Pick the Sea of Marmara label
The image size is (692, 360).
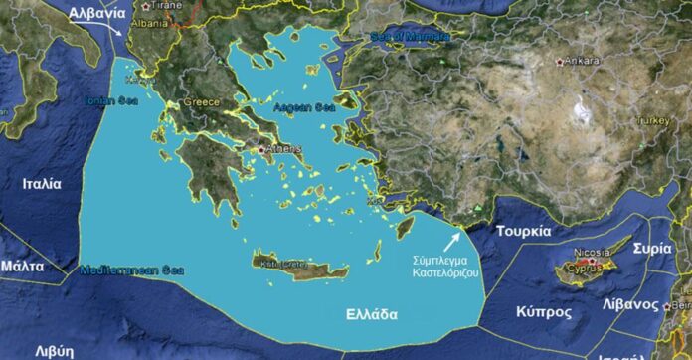pos(410,37)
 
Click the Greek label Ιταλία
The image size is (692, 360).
pos(42,184)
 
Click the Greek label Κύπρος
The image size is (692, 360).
pos(544,311)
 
